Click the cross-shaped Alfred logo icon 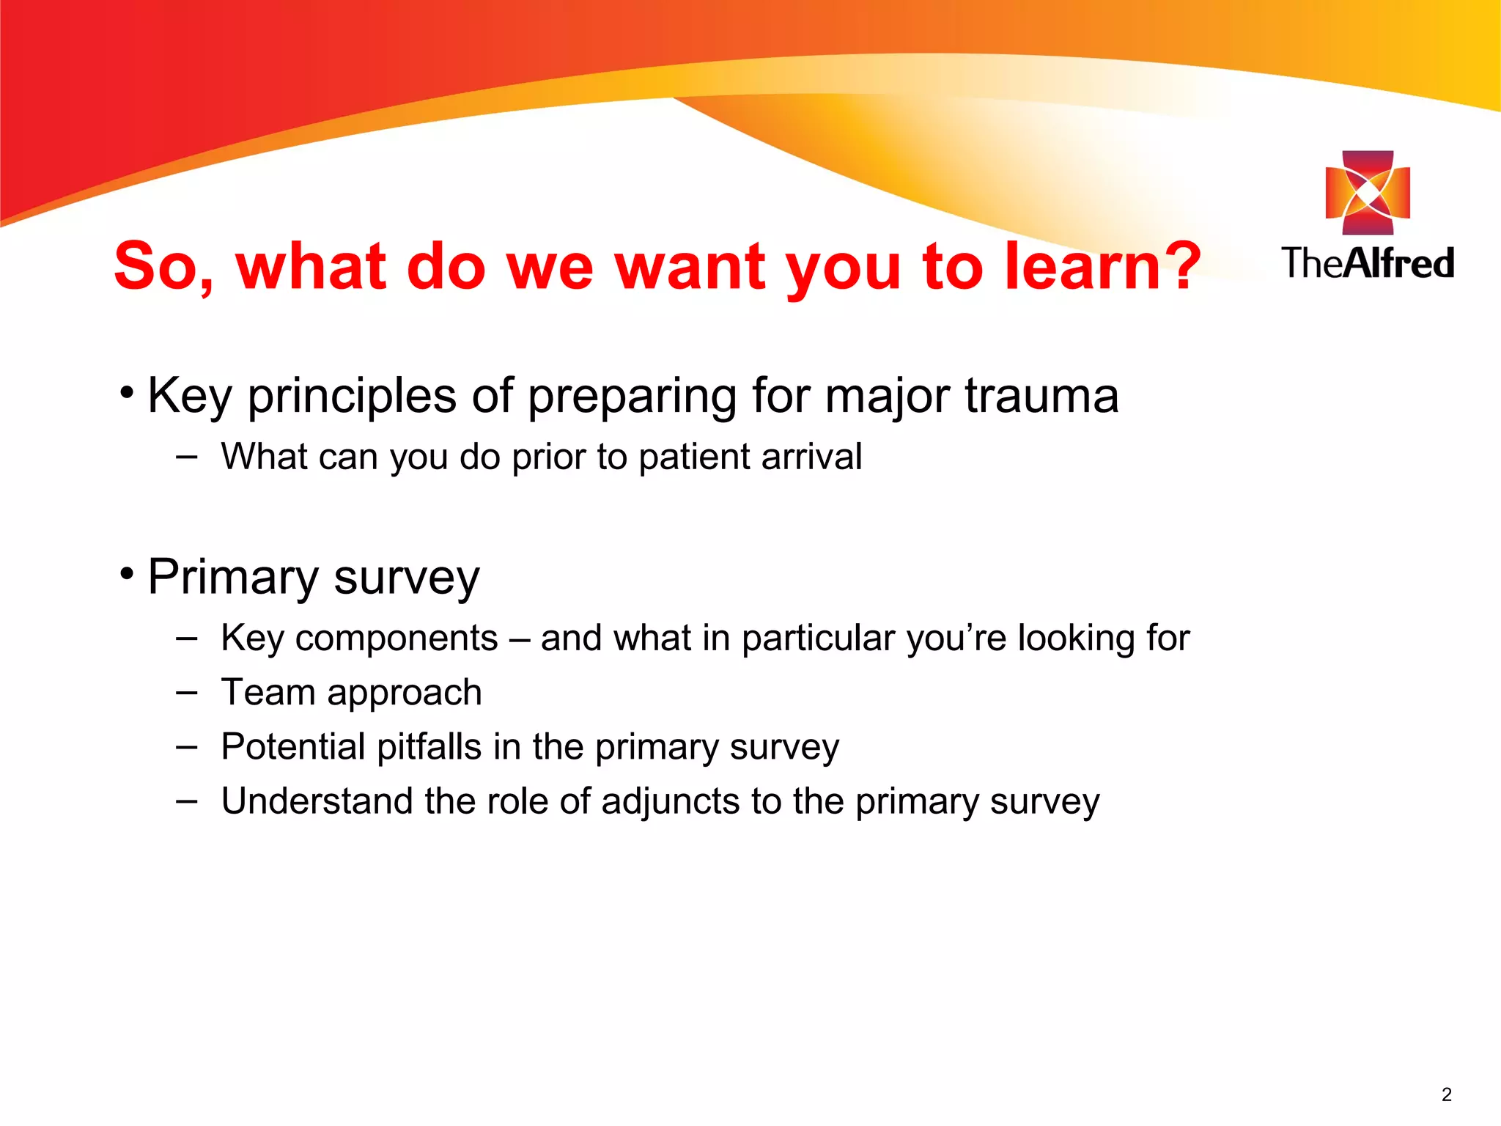[1368, 193]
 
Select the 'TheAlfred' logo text [1368, 263]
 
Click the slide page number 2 [1446, 1094]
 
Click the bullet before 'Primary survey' [128, 574]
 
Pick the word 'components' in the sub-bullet [397, 638]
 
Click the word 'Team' [268, 692]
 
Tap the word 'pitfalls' [429, 747]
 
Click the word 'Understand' [317, 801]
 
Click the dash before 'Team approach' [187, 692]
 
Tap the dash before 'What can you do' [187, 457]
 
